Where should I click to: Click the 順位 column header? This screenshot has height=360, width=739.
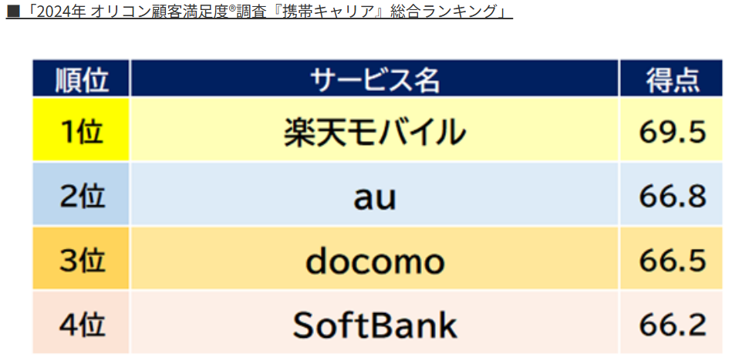coord(81,79)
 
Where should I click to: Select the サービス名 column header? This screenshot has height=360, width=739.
coord(375,79)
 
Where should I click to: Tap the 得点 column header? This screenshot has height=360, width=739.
coord(671,79)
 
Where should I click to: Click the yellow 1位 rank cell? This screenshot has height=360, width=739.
coord(81,130)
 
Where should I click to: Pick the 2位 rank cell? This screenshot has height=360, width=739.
coord(81,194)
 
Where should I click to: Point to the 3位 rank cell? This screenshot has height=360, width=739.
coord(81,259)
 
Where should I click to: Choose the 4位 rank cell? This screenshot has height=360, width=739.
coord(81,323)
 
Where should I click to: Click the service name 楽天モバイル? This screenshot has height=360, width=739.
coord(375,130)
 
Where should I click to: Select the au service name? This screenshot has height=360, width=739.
coord(375,198)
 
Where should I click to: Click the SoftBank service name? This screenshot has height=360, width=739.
coord(375,325)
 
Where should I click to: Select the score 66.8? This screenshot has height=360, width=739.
coord(673,196)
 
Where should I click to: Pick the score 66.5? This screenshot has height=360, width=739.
coord(673,260)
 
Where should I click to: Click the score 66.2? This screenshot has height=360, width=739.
coord(673,325)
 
